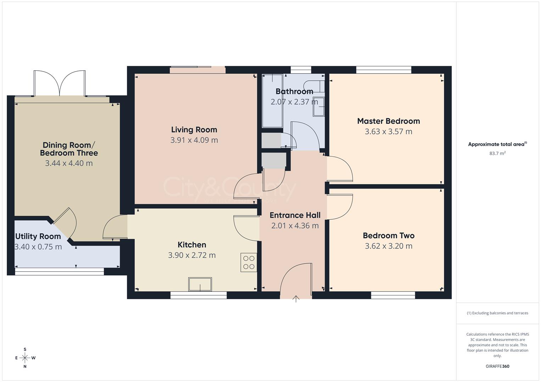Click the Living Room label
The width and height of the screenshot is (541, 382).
(194, 130)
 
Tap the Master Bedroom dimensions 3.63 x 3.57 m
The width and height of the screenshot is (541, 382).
(388, 132)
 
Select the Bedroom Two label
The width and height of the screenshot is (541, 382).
(388, 236)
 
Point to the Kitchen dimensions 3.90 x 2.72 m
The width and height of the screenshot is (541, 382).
(192, 255)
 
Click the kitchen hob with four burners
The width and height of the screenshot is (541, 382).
(249, 262)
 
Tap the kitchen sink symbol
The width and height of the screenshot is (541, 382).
(200, 284)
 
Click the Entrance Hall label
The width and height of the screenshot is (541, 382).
(295, 215)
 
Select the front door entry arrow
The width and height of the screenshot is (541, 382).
(296, 299)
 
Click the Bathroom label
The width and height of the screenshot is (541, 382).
(294, 91)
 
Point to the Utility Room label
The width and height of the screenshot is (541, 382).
(38, 236)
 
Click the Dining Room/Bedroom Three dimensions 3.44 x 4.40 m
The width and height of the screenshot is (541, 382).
(69, 163)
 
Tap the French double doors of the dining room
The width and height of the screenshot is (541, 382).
(60, 83)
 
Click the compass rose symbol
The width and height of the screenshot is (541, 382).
(25, 358)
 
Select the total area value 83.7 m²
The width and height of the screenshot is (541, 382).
(497, 154)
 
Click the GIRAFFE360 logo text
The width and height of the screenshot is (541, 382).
(497, 366)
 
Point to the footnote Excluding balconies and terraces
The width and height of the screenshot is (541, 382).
(497, 313)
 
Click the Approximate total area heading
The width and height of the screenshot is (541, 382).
(497, 144)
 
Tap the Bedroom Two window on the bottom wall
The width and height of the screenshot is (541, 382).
(393, 295)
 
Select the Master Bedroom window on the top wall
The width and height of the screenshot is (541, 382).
(384, 70)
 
